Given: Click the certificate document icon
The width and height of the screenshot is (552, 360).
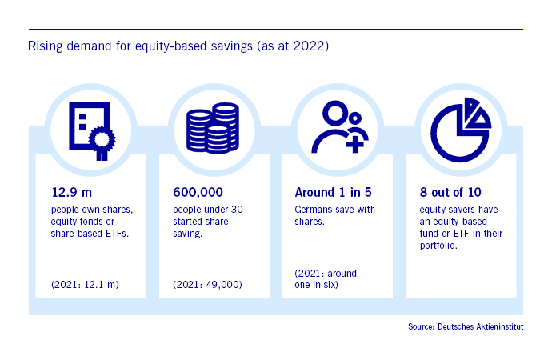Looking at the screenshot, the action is pos(92,131).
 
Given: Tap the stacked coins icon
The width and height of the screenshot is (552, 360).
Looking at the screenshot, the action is pos(213,128).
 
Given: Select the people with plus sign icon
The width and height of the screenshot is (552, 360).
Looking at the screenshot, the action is pos(340,127).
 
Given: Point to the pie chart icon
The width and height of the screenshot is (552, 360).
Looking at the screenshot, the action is pos(461,130).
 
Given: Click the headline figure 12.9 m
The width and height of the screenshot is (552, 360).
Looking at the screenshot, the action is pos(72,193).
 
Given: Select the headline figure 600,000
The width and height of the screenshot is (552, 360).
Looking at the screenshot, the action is pos(198,193).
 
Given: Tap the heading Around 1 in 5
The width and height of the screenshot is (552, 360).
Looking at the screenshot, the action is pos(333,193).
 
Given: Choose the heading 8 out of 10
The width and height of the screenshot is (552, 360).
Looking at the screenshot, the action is pos(450,193).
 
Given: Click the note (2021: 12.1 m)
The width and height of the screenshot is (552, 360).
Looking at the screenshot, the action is pos(85,284).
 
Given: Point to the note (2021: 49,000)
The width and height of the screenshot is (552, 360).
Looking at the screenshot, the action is pos(207,284).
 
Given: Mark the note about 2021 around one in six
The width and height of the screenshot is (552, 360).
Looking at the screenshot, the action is pos(326,278).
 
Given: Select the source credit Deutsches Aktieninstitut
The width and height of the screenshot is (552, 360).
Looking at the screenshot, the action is pos(481,326).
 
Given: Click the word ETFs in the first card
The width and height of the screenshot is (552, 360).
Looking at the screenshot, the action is pos(118,234).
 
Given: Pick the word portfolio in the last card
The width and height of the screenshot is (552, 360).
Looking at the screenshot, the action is pos(438,246).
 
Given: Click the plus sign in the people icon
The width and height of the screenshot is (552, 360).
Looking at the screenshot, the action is pos(355,144).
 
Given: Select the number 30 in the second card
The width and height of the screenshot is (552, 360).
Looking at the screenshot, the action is pos(237,210).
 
